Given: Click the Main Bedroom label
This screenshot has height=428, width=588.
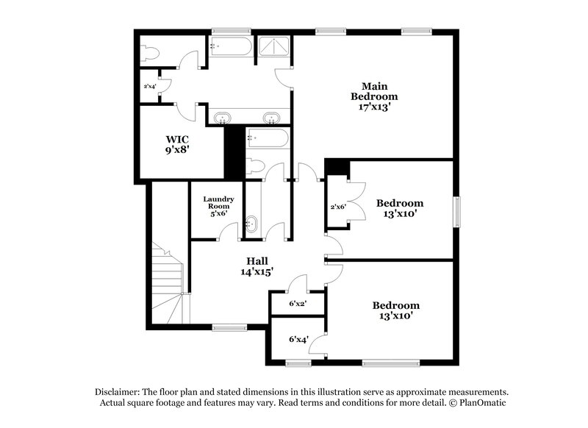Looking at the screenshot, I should (374, 90).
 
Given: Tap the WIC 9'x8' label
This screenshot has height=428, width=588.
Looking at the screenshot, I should (178, 143).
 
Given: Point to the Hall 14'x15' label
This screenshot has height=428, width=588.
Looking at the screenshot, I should (257, 266).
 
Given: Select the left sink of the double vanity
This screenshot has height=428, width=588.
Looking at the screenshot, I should (222, 118).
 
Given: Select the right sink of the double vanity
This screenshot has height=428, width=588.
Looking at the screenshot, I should (271, 118).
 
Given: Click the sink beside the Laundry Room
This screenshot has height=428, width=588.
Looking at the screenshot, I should (252, 224).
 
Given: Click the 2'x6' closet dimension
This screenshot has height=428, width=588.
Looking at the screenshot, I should (337, 207).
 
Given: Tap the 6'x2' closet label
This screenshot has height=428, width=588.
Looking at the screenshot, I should (298, 303).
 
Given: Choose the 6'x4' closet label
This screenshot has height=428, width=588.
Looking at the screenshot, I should (298, 339).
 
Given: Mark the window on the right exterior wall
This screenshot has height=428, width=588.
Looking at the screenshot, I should (456, 211).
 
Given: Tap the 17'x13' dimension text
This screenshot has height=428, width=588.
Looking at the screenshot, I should (374, 106).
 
